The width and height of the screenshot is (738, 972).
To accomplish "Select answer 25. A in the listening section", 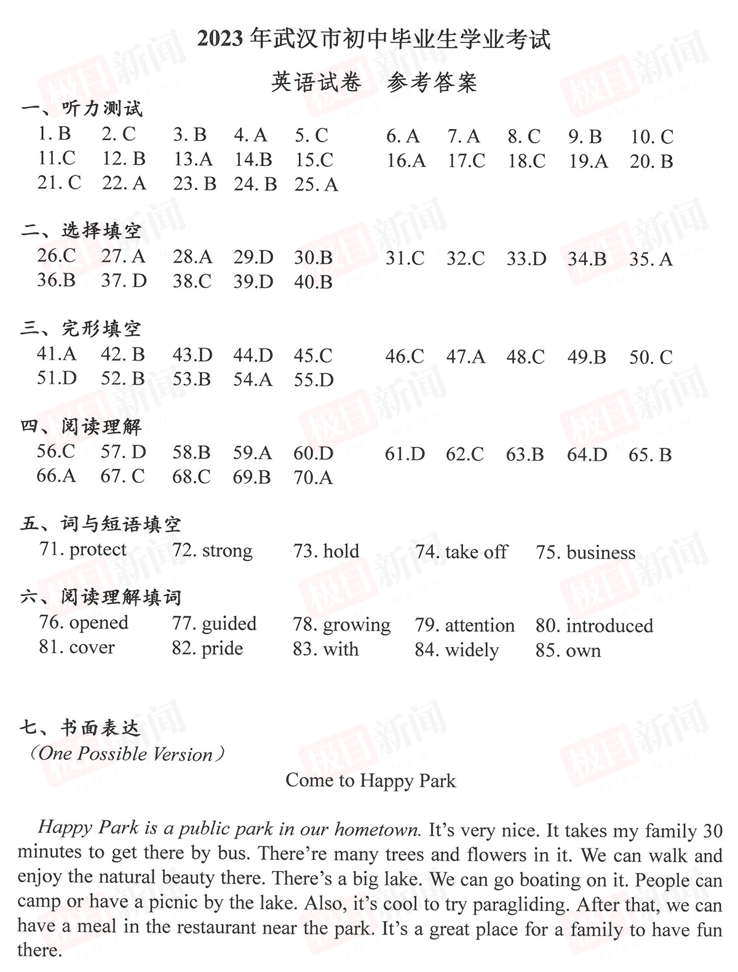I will [316, 185].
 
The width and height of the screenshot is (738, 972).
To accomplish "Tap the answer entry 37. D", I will [124, 281].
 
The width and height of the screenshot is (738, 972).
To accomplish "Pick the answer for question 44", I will [253, 355].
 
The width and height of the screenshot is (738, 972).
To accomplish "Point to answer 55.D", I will [314, 380].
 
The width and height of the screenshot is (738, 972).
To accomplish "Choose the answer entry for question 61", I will [405, 455].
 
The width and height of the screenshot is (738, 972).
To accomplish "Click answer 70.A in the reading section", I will [313, 477].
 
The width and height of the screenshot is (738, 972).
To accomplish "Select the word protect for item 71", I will [98, 550].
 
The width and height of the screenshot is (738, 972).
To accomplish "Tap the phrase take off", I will [476, 552].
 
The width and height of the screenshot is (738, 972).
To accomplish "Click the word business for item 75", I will [600, 552].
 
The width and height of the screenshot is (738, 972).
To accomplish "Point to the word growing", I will [357, 626].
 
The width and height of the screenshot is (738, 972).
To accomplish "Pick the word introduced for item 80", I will [609, 626].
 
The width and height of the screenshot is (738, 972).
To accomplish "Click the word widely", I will [472, 650].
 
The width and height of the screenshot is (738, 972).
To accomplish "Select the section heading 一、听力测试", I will [82, 109].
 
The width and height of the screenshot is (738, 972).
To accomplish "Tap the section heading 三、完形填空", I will [81, 329].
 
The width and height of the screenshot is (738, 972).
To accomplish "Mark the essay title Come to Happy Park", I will [370, 781].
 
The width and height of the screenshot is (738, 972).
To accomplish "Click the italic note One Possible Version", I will [125, 754].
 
